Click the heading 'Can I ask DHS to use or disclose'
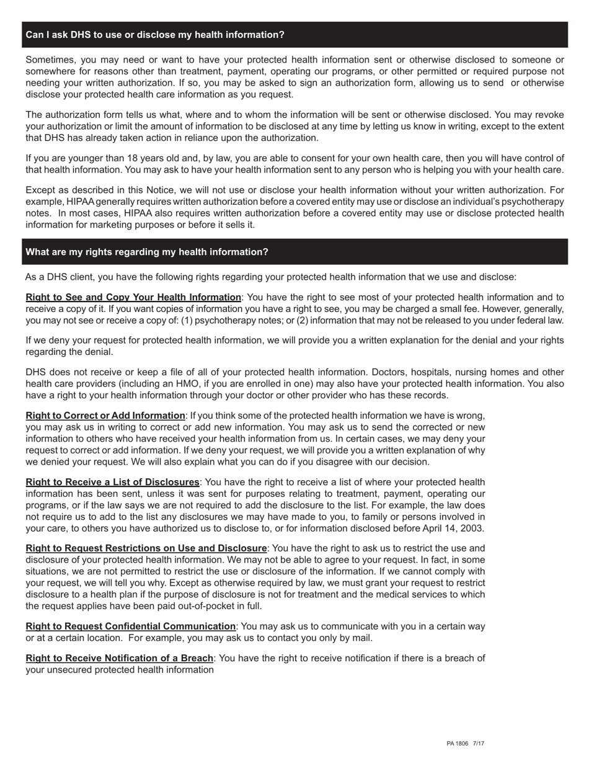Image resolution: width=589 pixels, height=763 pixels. click(x=155, y=35)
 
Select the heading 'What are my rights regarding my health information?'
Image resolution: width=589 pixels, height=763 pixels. click(x=147, y=252)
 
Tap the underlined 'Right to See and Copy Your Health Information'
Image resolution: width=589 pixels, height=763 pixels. click(x=133, y=297)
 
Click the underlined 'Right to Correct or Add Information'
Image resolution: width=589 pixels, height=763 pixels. click(x=105, y=416)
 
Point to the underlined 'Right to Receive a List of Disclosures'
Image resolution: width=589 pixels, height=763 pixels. click(x=112, y=483)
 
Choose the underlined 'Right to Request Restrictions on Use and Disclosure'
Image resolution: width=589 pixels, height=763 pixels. click(x=146, y=548)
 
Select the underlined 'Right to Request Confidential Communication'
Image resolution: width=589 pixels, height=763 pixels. click(x=130, y=627)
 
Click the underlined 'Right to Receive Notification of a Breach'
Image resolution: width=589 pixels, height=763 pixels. click(x=119, y=658)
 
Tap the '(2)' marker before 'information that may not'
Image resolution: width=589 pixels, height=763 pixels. click(x=285, y=321)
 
